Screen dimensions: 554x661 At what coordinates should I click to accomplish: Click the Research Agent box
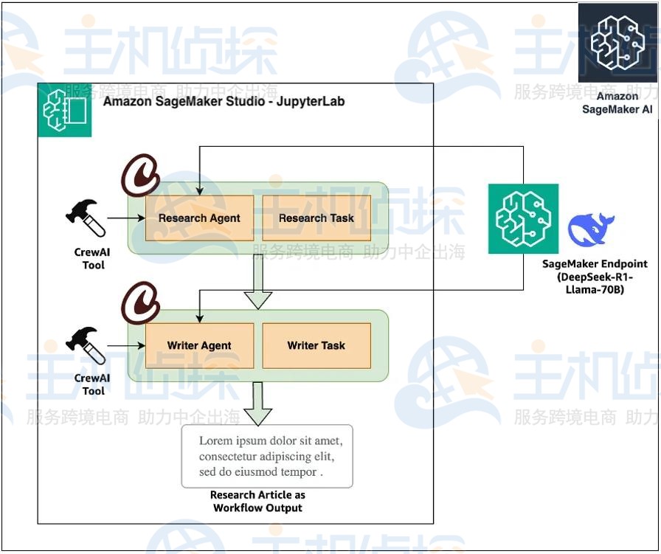199,218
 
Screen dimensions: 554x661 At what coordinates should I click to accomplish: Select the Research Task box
316,218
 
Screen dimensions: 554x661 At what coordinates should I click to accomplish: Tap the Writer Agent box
199,345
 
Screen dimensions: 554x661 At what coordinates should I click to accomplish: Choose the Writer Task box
316,345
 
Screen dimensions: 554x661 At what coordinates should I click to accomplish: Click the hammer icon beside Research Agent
86,217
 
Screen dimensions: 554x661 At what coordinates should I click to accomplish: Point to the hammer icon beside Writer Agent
86,344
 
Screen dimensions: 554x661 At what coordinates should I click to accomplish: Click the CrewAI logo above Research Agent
141,175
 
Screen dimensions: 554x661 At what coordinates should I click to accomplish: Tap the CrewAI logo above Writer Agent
141,302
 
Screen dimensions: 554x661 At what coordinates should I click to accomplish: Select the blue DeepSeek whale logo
591,229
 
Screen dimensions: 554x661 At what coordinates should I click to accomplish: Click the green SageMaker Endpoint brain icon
523,219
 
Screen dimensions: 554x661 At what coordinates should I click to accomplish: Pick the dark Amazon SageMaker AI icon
617,43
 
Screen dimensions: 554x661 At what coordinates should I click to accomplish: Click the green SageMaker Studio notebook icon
65,110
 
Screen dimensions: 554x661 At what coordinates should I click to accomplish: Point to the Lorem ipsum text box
267,456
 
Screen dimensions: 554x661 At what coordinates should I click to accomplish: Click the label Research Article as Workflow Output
257,502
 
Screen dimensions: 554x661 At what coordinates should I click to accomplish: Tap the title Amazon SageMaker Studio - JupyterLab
224,101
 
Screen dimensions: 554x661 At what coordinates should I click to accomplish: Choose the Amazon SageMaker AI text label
617,103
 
